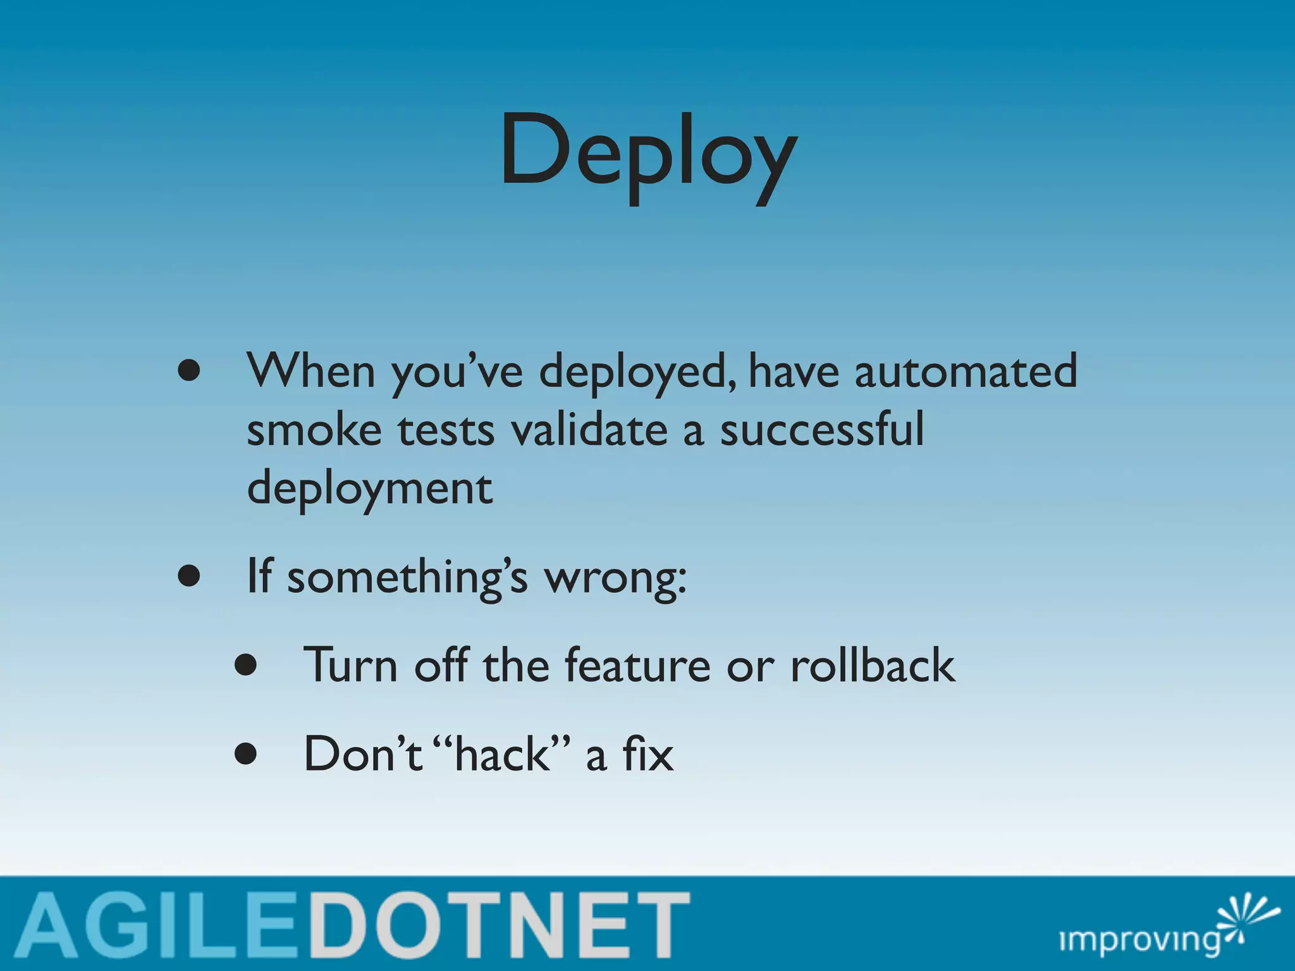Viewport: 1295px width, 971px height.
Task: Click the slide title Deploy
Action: (647, 155)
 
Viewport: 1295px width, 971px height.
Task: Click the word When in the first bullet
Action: (311, 371)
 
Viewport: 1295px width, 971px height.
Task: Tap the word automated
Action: (966, 371)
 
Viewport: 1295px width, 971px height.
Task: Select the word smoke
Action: (314, 430)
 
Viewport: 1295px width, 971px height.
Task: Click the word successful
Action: (822, 430)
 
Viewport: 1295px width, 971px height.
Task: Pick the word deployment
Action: (369, 489)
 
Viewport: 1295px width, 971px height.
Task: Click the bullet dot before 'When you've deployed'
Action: (189, 372)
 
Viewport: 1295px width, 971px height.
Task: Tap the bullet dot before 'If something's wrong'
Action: (189, 577)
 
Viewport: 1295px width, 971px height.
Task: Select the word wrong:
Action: (616, 578)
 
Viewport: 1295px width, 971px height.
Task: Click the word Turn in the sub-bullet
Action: (351, 665)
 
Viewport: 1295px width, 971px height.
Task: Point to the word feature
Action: (637, 665)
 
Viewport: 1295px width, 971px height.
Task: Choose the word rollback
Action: (873, 665)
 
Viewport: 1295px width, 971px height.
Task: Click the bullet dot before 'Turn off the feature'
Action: (245, 665)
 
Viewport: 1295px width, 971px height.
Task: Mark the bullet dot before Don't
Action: (245, 754)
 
